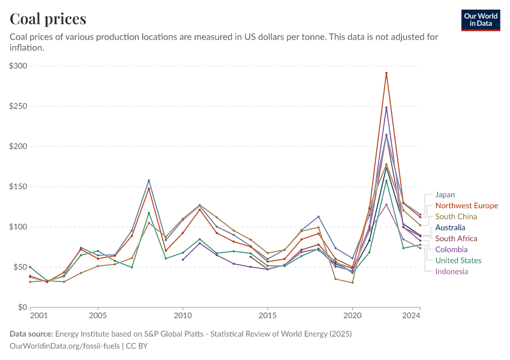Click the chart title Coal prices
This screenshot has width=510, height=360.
(48, 19)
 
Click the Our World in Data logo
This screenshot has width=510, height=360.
(481, 20)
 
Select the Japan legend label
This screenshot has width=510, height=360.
(445, 194)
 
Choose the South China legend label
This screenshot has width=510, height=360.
(456, 217)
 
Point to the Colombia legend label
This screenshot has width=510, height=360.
(451, 250)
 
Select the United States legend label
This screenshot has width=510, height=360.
(458, 260)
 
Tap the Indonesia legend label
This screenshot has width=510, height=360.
(452, 271)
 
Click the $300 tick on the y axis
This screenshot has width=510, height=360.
(19, 65)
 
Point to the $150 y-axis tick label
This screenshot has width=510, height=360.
(19, 186)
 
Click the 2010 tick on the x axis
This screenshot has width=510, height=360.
(182, 315)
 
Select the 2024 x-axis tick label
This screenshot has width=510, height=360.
(411, 315)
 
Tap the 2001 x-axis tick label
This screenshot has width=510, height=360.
(38, 315)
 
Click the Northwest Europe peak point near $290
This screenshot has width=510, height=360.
(386, 73)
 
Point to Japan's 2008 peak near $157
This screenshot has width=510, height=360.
(149, 181)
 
